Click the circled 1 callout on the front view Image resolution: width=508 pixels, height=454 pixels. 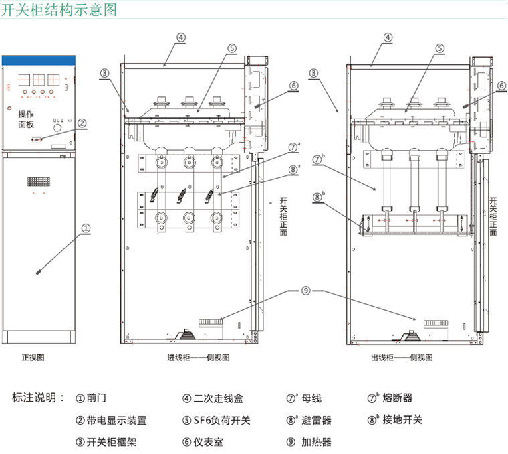point(86,228)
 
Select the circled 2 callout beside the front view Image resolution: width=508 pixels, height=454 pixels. point(82,123)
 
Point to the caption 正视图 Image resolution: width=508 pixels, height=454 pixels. point(33,358)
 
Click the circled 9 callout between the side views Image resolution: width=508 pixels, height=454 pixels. point(305,291)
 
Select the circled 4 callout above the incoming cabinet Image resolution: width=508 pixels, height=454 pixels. point(182,37)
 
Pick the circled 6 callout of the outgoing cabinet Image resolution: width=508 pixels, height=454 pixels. point(501,86)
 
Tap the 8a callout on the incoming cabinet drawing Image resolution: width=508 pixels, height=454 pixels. point(294,169)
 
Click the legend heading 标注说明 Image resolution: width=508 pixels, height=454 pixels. point(39,398)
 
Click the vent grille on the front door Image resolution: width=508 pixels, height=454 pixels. point(37,181)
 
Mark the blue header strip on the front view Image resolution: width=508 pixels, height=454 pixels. point(37,60)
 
